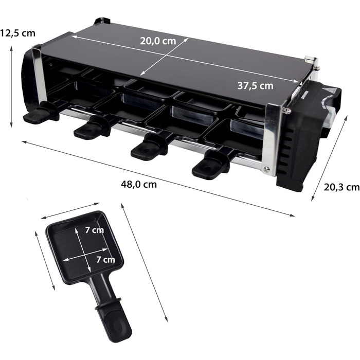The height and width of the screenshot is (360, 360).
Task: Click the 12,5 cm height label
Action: pyautogui.click(x=17, y=33)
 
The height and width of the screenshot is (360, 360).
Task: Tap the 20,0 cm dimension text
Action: pyautogui.click(x=158, y=41)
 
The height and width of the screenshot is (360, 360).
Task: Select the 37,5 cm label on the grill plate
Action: pyautogui.click(x=255, y=86)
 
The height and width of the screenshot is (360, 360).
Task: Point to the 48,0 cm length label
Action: pyautogui.click(x=139, y=184)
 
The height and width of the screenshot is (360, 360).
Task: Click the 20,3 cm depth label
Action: pyautogui.click(x=341, y=187)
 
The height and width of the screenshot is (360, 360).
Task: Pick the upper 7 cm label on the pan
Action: pyautogui.click(x=94, y=230)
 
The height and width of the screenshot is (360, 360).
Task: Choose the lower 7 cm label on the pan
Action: pyautogui.click(x=105, y=259)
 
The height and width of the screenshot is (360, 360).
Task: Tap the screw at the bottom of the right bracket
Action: pyautogui.click(x=266, y=169)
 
